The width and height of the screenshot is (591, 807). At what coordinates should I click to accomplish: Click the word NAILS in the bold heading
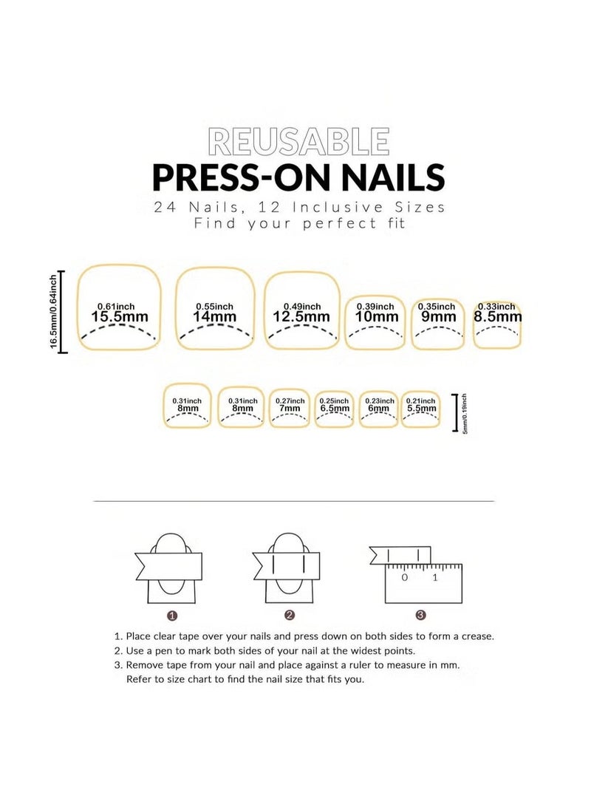tap(386, 177)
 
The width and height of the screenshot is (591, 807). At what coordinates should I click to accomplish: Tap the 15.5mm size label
tap(120, 317)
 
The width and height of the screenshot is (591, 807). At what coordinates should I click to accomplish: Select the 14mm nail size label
tap(215, 317)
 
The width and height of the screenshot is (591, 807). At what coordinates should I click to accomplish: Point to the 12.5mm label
tap(301, 317)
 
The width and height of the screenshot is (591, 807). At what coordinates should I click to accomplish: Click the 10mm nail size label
tap(375, 317)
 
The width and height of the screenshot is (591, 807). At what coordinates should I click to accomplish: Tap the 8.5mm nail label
tap(497, 317)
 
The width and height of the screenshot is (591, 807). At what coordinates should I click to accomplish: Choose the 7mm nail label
tap(289, 409)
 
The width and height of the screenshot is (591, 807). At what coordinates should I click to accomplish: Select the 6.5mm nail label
tap(334, 409)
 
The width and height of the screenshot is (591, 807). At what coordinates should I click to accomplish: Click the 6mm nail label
tap(379, 409)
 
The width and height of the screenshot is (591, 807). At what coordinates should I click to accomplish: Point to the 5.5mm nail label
tap(421, 409)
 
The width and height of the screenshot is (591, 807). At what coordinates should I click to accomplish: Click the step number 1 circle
tap(171, 615)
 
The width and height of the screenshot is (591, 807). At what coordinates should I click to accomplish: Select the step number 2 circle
tap(289, 615)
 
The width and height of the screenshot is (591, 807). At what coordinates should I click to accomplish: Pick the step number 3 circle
tap(420, 615)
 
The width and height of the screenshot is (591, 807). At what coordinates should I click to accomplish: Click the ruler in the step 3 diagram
tap(424, 584)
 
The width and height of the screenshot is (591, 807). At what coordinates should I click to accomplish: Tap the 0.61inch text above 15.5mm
tap(116, 306)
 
